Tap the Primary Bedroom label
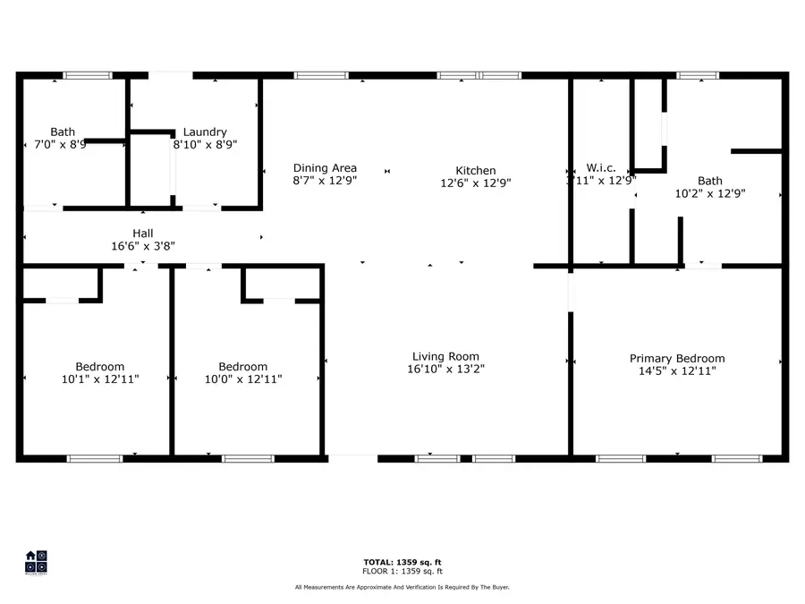pos(676,358)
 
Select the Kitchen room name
pos(475,170)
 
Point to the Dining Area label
pos(325,167)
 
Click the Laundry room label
pos(205,132)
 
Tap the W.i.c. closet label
pos(601,167)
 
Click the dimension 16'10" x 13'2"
pos(445,368)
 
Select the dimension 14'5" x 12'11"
pos(676,370)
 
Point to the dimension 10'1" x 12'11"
pos(99,379)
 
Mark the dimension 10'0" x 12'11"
pos(242,379)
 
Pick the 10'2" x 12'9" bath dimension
pos(709,192)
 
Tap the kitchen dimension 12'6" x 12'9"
pos(475,183)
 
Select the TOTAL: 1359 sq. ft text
pos(402,562)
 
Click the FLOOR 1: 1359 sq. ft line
pos(402,571)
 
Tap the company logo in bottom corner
pos(36,561)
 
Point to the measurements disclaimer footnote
pos(402,587)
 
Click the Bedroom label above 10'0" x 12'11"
pos(242,366)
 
